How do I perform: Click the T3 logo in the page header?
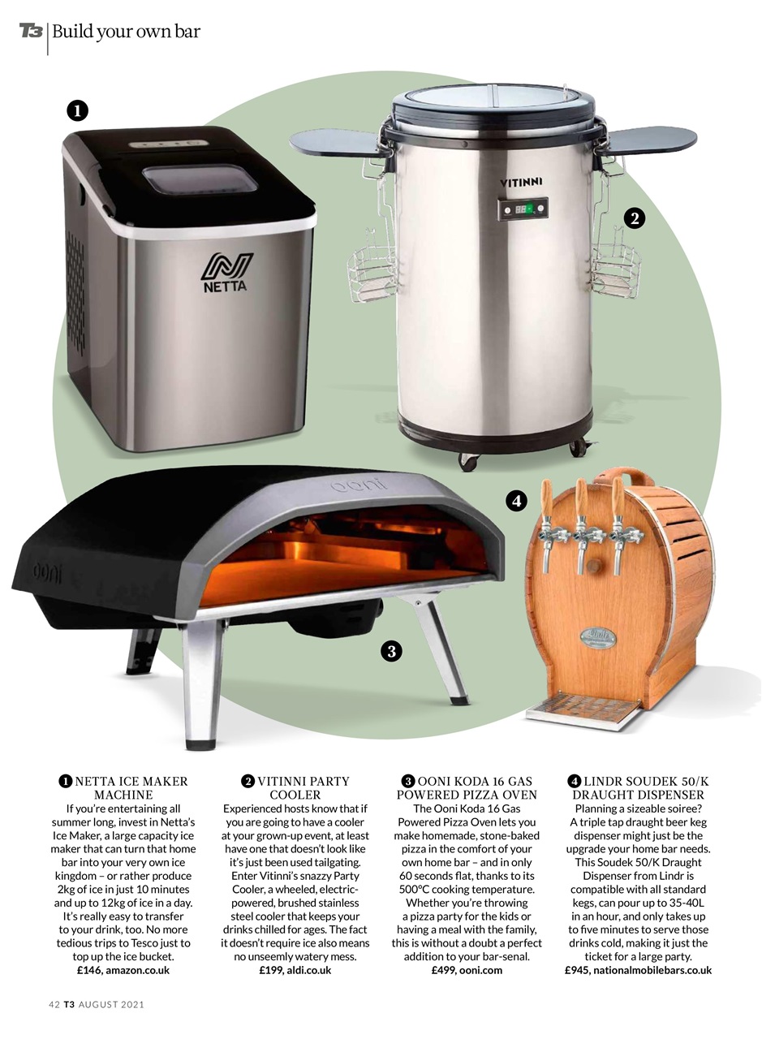31,31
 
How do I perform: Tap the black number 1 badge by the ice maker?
77,110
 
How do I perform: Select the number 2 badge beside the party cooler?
635,218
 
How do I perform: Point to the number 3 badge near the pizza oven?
391,651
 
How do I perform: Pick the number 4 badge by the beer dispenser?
517,501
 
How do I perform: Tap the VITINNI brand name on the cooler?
520,182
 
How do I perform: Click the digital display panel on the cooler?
523,209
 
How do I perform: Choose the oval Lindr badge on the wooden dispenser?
598,638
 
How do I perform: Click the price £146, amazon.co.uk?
123,970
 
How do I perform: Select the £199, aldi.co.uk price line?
295,970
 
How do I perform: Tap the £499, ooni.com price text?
467,970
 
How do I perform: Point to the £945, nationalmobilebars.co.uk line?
638,970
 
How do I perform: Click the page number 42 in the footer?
54,1005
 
